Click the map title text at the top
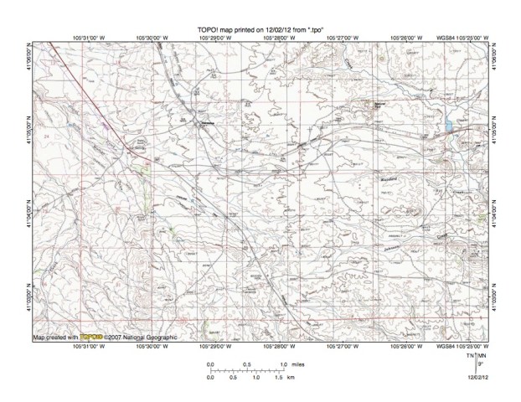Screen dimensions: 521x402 pos(260,28)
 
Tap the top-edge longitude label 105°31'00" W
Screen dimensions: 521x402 pos(89,37)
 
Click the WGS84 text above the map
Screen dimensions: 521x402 pos(444,37)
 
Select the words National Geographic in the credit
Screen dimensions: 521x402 pos(155,337)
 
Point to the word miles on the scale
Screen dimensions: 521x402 pos(298,364)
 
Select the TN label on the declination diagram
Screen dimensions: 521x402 pos(472,356)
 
